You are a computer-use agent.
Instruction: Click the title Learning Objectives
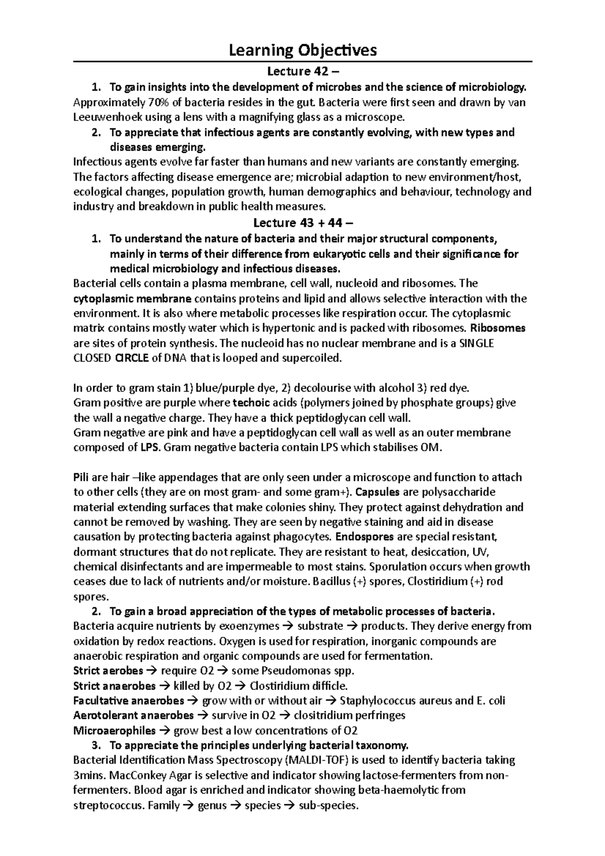click(302, 50)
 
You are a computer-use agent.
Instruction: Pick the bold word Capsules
click(378, 492)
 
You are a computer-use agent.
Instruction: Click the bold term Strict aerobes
click(108, 671)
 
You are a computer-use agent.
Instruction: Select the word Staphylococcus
click(381, 701)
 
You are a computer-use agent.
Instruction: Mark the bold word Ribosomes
click(497, 328)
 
